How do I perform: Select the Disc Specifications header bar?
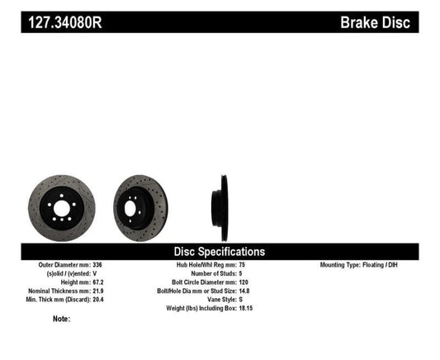coord(219,251)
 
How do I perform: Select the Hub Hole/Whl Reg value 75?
coord(253,265)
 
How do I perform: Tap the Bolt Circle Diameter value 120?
coord(255,282)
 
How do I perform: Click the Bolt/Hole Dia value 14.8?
coord(256,290)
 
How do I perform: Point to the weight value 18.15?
coord(258,306)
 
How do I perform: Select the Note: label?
coord(61,319)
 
